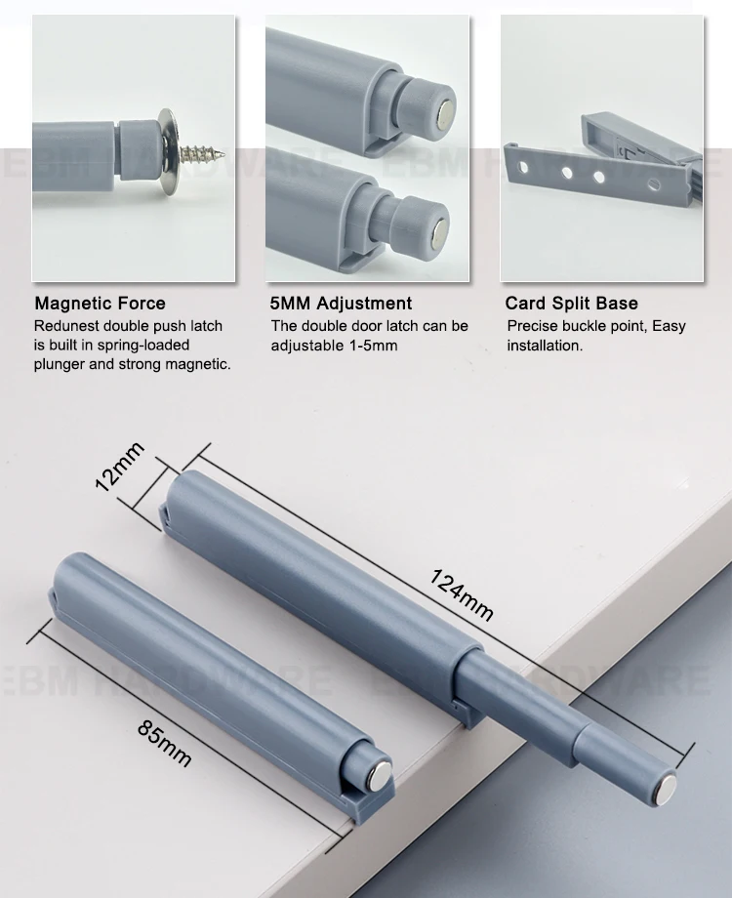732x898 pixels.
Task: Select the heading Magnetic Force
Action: click(x=100, y=304)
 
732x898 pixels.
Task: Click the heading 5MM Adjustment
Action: click(x=341, y=304)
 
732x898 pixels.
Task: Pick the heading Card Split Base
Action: click(x=571, y=304)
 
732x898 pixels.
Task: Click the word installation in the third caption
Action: click(x=544, y=346)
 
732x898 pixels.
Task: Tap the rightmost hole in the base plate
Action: click(x=647, y=183)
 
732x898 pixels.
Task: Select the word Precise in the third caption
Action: click(x=532, y=326)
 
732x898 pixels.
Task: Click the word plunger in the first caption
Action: click(x=62, y=365)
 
